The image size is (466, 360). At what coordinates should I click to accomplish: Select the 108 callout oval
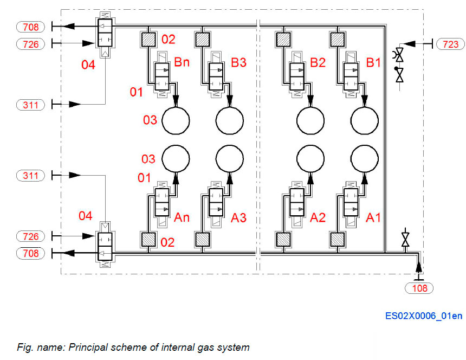click(x=419, y=288)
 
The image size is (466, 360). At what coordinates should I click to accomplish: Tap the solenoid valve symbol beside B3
click(x=216, y=75)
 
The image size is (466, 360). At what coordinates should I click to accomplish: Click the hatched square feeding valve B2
click(x=283, y=39)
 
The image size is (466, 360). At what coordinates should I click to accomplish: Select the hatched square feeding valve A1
click(x=338, y=239)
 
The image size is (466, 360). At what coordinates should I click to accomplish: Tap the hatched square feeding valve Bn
click(x=148, y=39)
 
